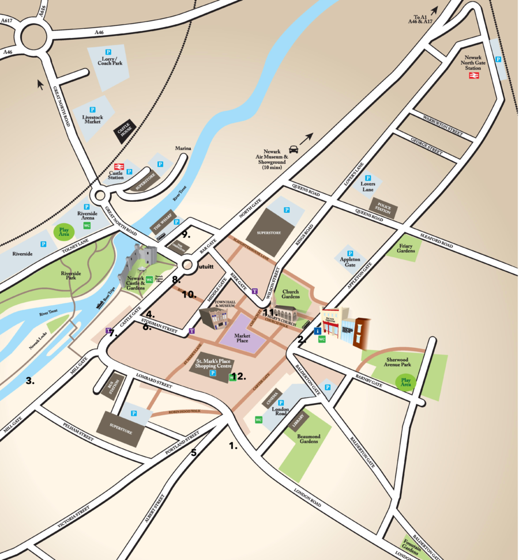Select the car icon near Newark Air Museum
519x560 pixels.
(x=294, y=149)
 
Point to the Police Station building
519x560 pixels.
(x=384, y=209)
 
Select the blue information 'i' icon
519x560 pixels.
(x=317, y=331)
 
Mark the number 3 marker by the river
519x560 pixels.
(x=29, y=380)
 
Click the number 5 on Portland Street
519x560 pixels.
(x=194, y=452)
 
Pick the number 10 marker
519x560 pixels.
(x=189, y=294)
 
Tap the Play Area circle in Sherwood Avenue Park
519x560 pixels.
(x=406, y=382)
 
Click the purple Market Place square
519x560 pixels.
(x=249, y=336)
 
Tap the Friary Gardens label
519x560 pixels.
(x=406, y=249)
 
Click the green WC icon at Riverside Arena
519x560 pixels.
(x=87, y=225)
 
